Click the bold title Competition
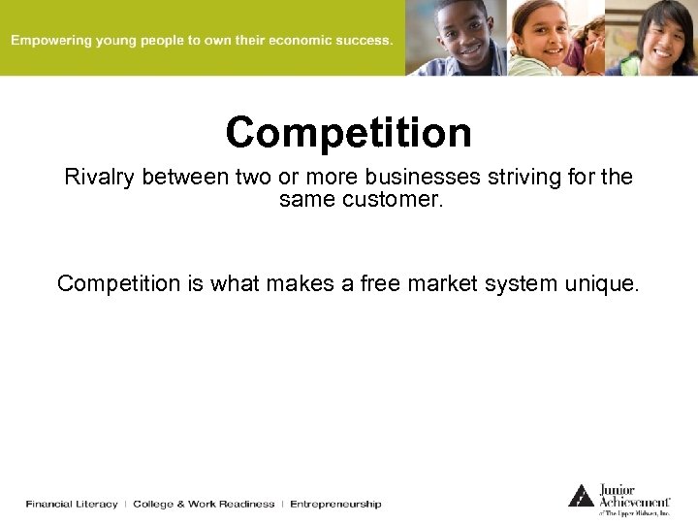[349, 133]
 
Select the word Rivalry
[101, 178]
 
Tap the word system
[492, 283]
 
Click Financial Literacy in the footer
[72, 504]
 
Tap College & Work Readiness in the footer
[204, 504]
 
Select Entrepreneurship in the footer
[335, 504]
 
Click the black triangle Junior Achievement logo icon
[581, 496]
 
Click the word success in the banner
[365, 41]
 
